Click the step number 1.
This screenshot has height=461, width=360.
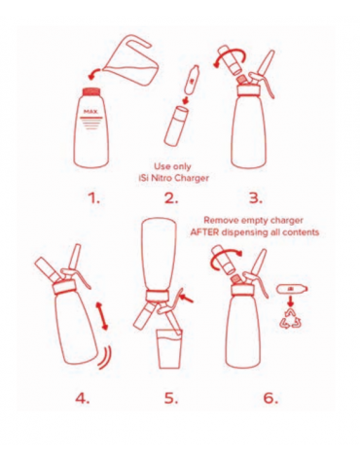tap(94, 198)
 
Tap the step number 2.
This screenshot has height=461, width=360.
tap(171, 198)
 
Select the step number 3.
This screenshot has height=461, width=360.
tap(256, 198)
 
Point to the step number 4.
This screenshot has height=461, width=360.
tap(83, 398)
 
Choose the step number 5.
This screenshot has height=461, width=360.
tap(171, 398)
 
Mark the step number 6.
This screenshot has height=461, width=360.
tap(270, 398)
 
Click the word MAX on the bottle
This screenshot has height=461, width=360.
tap(90, 112)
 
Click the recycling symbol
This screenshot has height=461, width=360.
tap(290, 318)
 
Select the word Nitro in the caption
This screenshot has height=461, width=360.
tap(163, 178)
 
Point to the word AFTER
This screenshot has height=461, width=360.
tap(204, 232)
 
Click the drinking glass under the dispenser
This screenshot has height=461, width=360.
tap(169, 349)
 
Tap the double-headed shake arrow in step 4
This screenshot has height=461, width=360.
tap(101, 315)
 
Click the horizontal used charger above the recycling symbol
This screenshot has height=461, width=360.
tap(292, 289)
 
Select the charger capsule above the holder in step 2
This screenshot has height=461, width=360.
tap(192, 80)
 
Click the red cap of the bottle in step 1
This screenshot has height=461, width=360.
tap(91, 92)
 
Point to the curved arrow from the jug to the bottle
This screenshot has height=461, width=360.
tap(95, 74)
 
